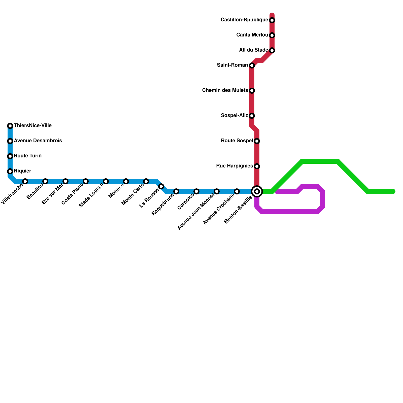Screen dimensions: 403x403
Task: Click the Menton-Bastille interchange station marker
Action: [257, 191]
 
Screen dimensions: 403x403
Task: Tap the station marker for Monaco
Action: [126, 181]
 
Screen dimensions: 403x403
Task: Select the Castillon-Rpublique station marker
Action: [272, 20]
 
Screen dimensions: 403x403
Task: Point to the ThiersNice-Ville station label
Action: [33, 125]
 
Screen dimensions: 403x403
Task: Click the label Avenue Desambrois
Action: [38, 141]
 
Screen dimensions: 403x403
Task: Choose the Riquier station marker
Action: [10, 171]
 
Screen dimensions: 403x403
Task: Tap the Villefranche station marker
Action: [25, 181]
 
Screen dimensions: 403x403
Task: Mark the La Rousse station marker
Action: [161, 186]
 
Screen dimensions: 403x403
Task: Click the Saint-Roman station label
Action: [232, 65]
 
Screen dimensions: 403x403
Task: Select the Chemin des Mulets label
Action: [225, 90]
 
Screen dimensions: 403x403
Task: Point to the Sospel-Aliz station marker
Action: [252, 116]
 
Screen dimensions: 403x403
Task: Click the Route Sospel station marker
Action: [257, 141]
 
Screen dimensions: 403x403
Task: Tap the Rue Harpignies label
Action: [234, 166]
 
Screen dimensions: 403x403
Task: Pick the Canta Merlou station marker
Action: [272, 35]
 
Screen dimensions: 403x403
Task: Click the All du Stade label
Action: [253, 50]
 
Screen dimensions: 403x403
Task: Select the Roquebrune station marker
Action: [176, 191]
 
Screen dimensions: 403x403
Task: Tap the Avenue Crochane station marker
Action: [237, 191]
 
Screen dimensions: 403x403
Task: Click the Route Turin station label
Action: [28, 156]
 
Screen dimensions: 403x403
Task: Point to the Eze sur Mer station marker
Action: [65, 181]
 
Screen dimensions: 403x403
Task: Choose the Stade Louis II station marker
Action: [106, 181]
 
